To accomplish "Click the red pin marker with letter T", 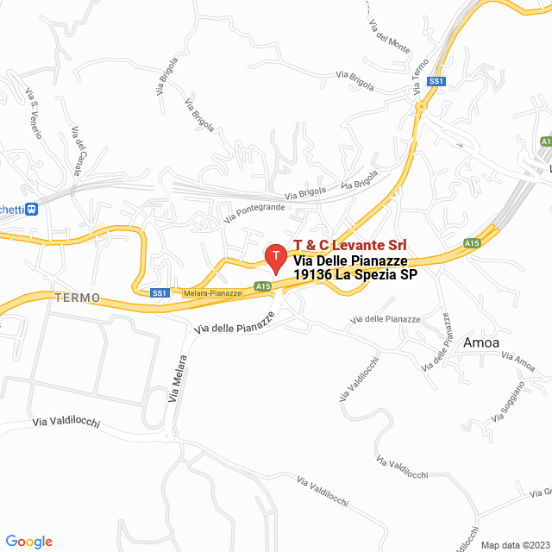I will tap(275, 256).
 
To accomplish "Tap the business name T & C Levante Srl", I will tap(351, 246).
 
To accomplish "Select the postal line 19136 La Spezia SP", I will tap(355, 275).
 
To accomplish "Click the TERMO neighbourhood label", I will tap(77, 298).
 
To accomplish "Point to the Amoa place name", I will tap(481, 342).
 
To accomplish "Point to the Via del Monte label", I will tap(392, 34).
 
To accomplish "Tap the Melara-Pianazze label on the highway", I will tap(212, 293).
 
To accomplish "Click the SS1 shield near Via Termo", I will tap(437, 81).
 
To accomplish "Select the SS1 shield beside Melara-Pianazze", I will tap(159, 293).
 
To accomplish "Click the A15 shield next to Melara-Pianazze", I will tap(263, 286).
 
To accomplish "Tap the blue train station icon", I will tap(32, 208).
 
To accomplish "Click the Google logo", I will tap(29, 542).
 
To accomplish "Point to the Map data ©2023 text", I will tap(514, 545).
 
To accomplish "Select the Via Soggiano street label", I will tap(508, 405).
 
